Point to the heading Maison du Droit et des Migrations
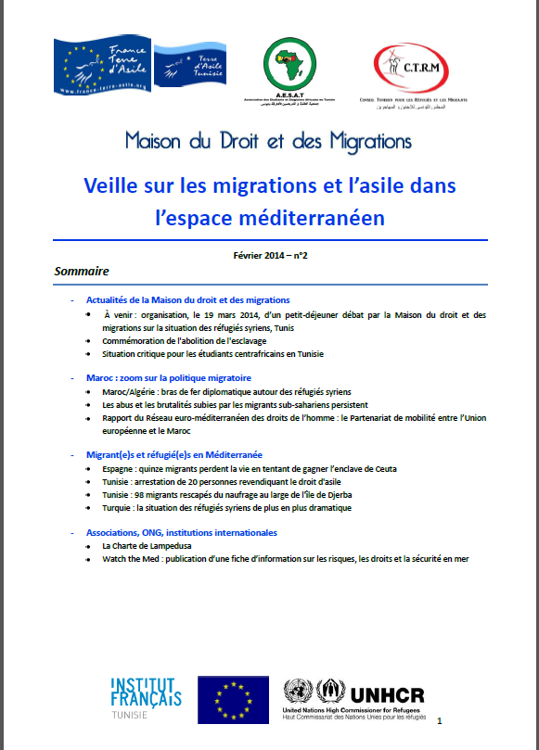[x=269, y=142]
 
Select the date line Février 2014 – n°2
[x=270, y=255]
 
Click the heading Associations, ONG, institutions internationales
[x=181, y=533]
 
